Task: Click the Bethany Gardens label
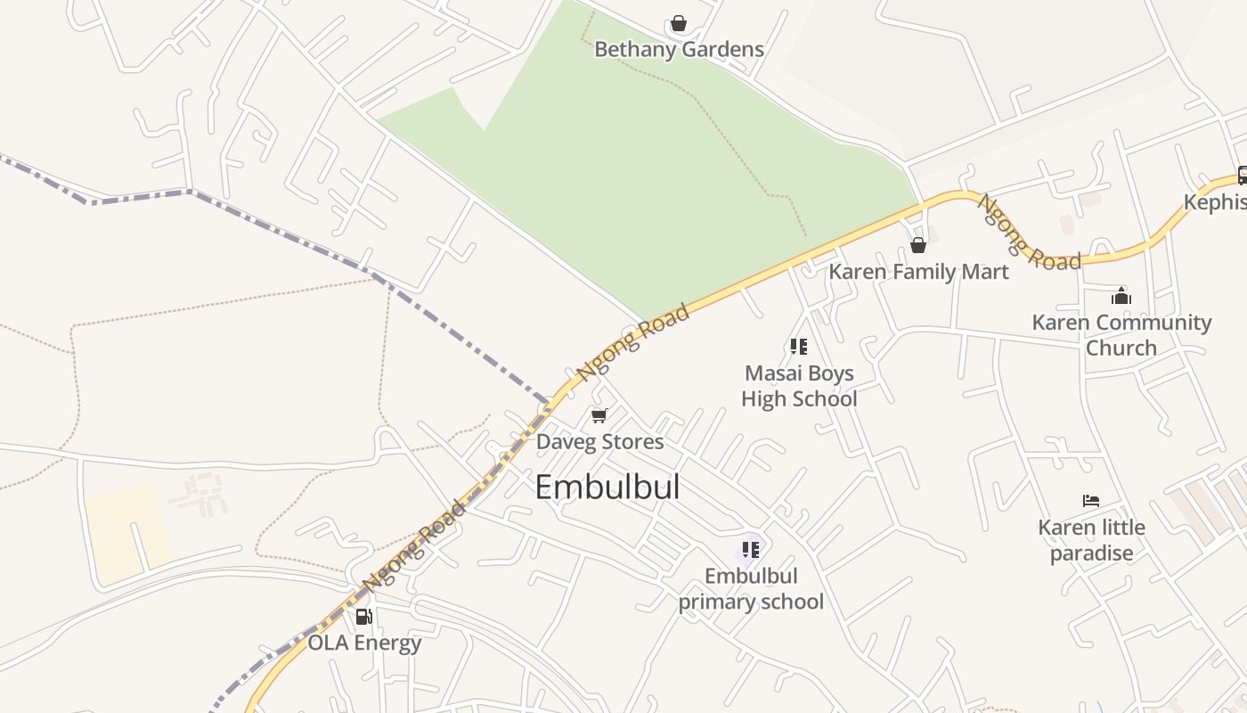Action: pyautogui.click(x=679, y=49)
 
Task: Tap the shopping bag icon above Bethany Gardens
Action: pyautogui.click(x=679, y=23)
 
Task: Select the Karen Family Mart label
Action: pyautogui.click(x=918, y=272)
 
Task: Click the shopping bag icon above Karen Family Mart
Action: pyautogui.click(x=918, y=245)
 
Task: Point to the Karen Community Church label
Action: pyautogui.click(x=1121, y=334)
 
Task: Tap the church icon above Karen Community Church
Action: pyautogui.click(x=1121, y=296)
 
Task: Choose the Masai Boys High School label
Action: pyautogui.click(x=799, y=386)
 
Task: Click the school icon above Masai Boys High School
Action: pyautogui.click(x=799, y=346)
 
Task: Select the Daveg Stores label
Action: pyautogui.click(x=599, y=441)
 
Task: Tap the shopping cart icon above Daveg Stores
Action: pyautogui.click(x=599, y=415)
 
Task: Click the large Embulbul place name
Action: pyautogui.click(x=607, y=487)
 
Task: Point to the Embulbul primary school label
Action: pyautogui.click(x=751, y=588)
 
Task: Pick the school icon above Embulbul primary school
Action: pyautogui.click(x=751, y=549)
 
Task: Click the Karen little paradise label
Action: pyautogui.click(x=1091, y=540)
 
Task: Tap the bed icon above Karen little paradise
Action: pyautogui.click(x=1091, y=501)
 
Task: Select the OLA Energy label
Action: pyautogui.click(x=364, y=642)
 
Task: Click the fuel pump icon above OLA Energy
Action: pyautogui.click(x=364, y=616)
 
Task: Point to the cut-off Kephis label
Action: pyautogui.click(x=1215, y=203)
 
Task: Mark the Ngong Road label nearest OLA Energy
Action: pyautogui.click(x=415, y=544)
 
